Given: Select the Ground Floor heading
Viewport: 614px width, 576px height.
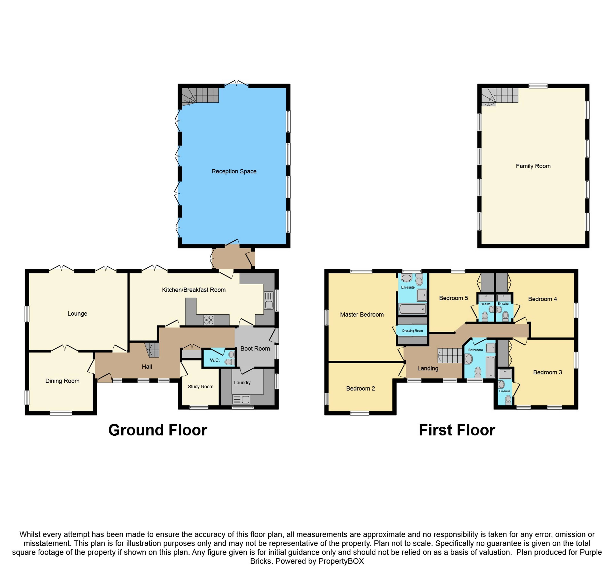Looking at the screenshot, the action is (157, 430).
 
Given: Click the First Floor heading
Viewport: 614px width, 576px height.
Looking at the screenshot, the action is (457, 430).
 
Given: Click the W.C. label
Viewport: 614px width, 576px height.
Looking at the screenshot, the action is (215, 360).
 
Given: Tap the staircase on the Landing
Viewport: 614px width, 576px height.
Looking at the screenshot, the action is (450, 356).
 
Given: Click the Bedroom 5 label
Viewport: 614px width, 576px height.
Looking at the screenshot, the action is (453, 298).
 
